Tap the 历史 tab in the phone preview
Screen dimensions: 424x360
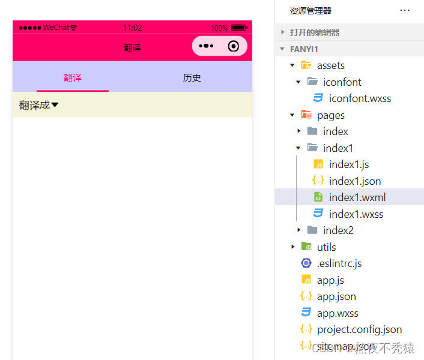point(192,78)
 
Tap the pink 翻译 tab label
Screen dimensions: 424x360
point(73,78)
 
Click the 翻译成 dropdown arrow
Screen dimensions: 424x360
point(55,106)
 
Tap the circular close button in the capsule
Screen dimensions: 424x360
point(234,46)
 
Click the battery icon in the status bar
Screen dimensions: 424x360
point(239,28)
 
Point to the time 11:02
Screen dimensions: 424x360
point(132,28)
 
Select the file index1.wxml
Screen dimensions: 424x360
point(357,197)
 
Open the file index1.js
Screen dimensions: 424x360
point(348,164)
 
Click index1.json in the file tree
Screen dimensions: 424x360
point(354,181)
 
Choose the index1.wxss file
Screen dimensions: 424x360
point(356,214)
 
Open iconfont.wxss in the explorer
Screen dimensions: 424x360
point(360,98)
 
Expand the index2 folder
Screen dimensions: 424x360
point(338,230)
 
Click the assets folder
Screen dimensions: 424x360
point(330,65)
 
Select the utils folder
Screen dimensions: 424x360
point(326,247)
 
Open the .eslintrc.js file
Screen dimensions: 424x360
point(339,263)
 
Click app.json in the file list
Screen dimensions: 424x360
point(336,296)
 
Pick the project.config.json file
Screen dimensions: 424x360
point(359,329)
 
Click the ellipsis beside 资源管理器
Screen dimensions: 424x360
point(405,10)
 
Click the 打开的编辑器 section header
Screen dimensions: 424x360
point(314,32)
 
